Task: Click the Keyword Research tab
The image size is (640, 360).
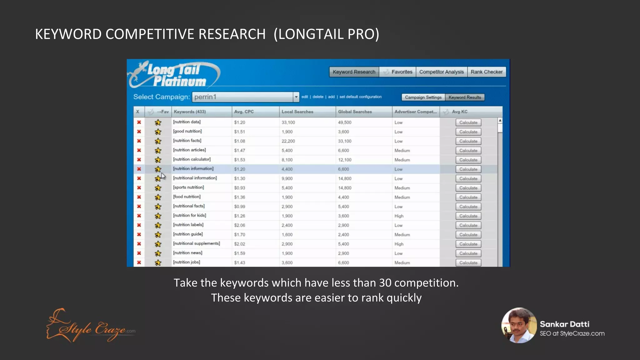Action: (354, 72)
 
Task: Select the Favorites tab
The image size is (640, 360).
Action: (398, 72)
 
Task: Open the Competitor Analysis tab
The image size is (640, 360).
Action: (441, 72)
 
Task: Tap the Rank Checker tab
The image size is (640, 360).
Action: (486, 72)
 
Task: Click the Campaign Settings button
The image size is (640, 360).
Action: (423, 97)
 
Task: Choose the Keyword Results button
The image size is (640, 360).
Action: (465, 97)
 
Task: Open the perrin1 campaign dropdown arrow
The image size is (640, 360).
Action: (296, 97)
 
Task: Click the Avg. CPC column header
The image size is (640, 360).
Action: (244, 112)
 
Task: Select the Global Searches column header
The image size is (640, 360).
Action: (355, 112)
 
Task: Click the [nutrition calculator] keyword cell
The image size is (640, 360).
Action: (192, 159)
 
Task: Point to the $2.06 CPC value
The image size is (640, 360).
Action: (240, 225)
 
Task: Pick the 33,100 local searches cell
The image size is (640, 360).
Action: (288, 122)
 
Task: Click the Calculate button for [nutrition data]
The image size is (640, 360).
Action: (468, 122)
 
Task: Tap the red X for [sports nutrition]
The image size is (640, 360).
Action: (139, 188)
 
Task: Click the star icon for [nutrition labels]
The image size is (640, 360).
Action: (158, 225)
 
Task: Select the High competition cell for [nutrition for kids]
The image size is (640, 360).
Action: (399, 216)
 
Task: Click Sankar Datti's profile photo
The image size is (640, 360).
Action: (519, 325)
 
